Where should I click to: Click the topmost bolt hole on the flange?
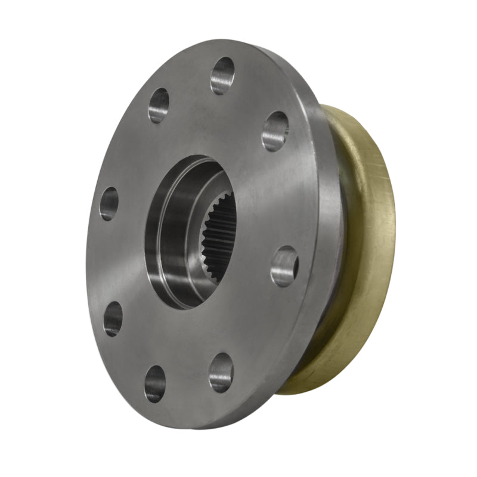click(222, 75)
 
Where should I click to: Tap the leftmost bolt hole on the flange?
click(109, 203)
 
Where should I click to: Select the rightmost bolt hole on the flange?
click(284, 266)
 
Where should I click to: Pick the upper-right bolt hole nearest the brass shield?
click(275, 131)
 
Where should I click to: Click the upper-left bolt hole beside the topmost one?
click(159, 106)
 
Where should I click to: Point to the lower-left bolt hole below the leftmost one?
click(113, 318)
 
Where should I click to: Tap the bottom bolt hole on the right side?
click(221, 372)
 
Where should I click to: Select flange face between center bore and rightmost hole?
click(259, 250)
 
